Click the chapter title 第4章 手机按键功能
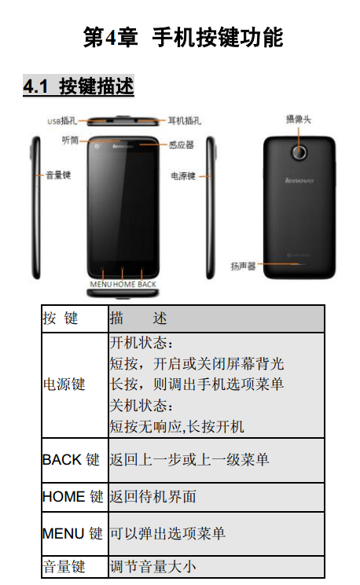pos(183,37)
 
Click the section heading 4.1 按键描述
pos(79,86)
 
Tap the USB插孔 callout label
pos(62,121)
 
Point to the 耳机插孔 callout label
pos(184,120)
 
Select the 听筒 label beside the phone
pos(70,140)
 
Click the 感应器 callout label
pos(182,145)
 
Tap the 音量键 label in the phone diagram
pos(58,175)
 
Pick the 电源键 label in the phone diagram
pos(183,175)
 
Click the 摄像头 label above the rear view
pos(299,120)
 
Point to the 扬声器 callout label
pos(243,266)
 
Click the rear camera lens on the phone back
pos(299,152)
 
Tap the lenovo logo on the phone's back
pos(299,181)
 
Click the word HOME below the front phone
pos(124,285)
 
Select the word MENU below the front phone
pos(101,285)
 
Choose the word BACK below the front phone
pos(147,285)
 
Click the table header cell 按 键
pos(60,318)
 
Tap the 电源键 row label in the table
pos(64,384)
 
